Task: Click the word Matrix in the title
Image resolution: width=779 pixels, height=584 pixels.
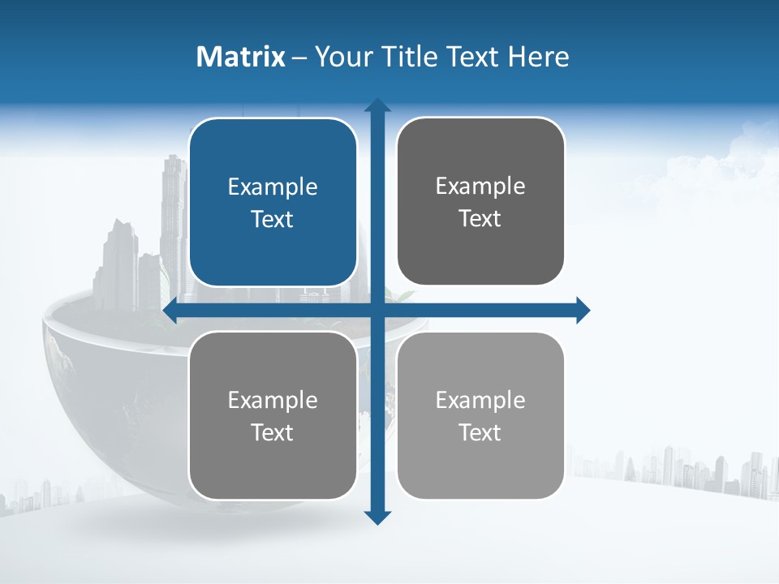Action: click(x=241, y=57)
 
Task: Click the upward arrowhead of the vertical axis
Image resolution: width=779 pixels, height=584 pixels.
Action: click(x=377, y=105)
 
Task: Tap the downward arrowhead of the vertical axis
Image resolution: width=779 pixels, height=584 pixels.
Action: click(x=377, y=517)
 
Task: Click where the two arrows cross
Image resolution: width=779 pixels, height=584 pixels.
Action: click(x=377, y=310)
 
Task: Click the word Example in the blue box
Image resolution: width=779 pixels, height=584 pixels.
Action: click(x=273, y=187)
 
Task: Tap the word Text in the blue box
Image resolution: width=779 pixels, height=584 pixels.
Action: click(x=273, y=219)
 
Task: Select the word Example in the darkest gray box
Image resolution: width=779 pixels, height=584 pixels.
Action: click(x=480, y=187)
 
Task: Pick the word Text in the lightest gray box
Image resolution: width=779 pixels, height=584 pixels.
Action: click(x=480, y=432)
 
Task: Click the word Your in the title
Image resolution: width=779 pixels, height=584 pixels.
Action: click(x=342, y=57)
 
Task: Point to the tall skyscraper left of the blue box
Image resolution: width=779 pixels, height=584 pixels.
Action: click(x=173, y=211)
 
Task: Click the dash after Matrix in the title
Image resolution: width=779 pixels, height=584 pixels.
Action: click(x=299, y=58)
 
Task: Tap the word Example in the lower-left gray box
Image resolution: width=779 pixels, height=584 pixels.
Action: click(x=273, y=400)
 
